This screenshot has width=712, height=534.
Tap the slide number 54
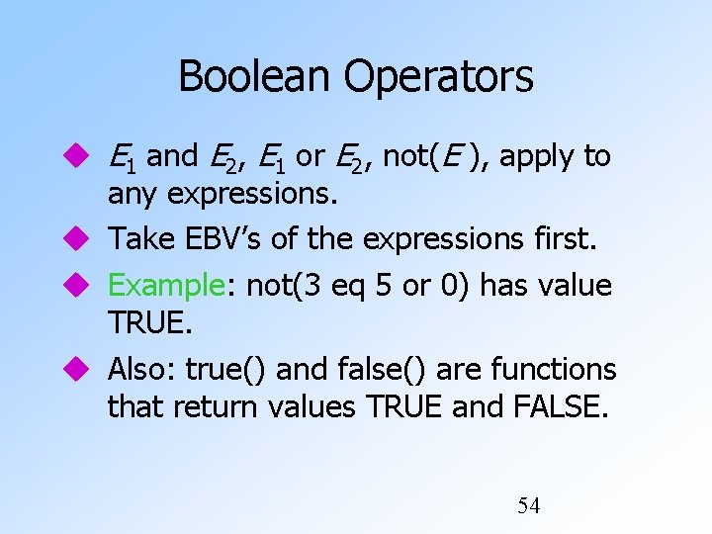[x=529, y=506]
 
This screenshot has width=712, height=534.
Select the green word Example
[x=166, y=286]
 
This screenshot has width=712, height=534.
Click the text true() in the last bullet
[x=227, y=370]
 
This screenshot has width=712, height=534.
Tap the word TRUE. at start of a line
[x=147, y=323]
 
